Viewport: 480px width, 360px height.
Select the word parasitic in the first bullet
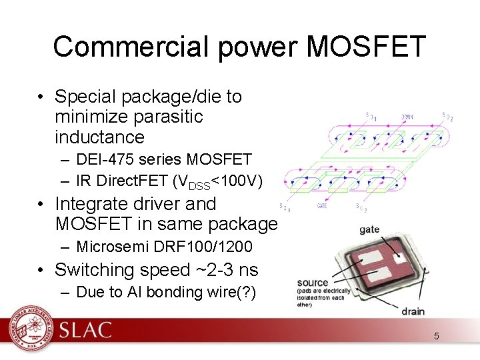pyautogui.click(x=163, y=117)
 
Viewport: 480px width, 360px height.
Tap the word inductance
pyautogui.click(x=100, y=137)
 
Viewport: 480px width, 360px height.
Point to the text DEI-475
pyautogui.click(x=103, y=159)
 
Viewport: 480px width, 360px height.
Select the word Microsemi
pyautogui.click(x=109, y=247)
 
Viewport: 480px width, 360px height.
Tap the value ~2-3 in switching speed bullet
pyautogui.click(x=215, y=269)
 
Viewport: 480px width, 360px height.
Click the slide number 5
pyautogui.click(x=437, y=336)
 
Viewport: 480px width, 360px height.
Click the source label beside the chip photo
pyautogui.click(x=313, y=283)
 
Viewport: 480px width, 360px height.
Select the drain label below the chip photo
pyautogui.click(x=413, y=311)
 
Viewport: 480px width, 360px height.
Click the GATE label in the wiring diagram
pyautogui.click(x=322, y=206)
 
